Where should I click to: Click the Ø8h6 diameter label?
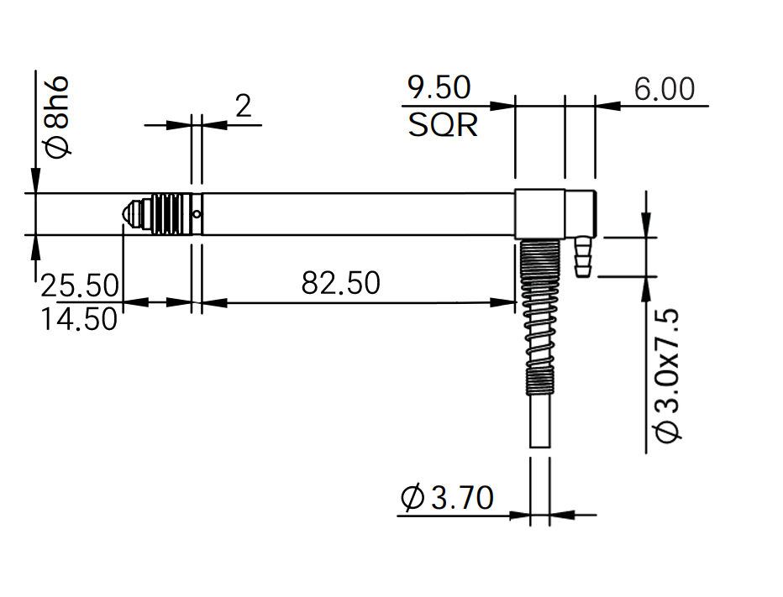57,117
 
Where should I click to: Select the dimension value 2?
243,106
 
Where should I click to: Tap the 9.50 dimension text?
439,87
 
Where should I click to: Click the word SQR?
443,125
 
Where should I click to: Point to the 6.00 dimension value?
665,89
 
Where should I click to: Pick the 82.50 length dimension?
340,283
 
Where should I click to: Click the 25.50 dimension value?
80,285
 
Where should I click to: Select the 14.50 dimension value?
79,319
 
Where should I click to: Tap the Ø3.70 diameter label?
448,497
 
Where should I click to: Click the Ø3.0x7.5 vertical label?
667,376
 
